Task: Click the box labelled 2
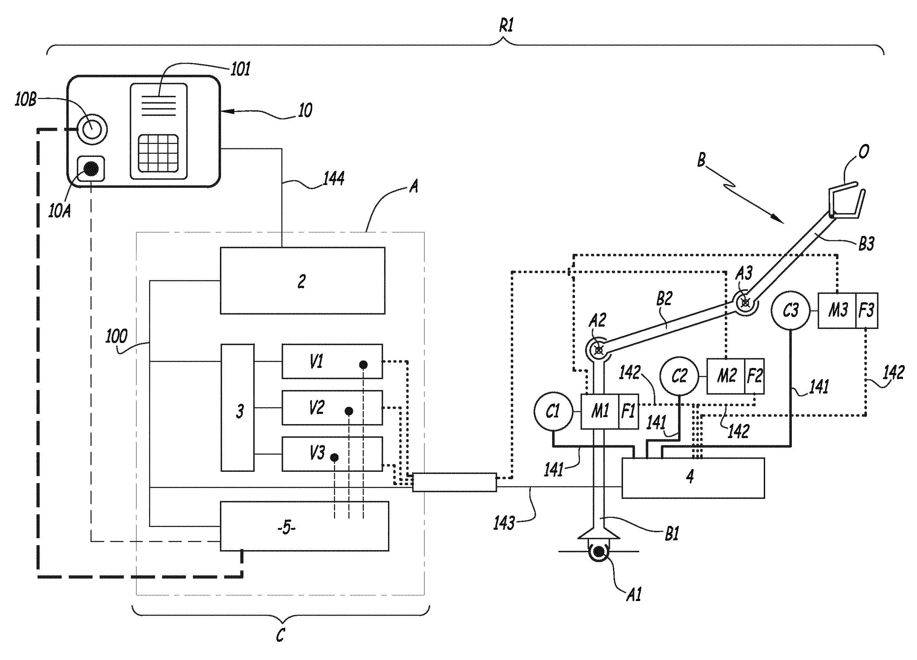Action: click(302, 280)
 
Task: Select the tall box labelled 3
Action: click(238, 408)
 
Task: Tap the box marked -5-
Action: click(304, 526)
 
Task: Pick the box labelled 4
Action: click(693, 478)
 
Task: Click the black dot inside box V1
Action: click(363, 365)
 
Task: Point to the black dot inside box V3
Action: click(334, 458)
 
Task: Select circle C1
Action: click(554, 411)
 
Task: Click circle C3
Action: click(790, 310)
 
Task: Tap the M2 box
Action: click(726, 376)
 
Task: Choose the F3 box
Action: click(867, 310)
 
